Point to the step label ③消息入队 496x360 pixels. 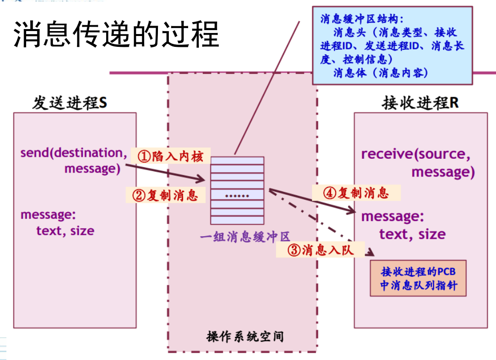coord(321,250)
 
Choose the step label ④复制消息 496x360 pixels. coord(355,193)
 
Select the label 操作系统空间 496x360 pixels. coord(245,337)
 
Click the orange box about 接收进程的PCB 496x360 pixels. coord(419,279)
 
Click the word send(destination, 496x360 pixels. coord(71,152)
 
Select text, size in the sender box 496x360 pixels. coord(65,231)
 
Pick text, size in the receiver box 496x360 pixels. coord(412,234)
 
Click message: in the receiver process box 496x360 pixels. coord(392,216)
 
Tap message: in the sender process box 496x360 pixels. coord(46,215)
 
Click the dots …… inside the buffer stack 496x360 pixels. coord(237,195)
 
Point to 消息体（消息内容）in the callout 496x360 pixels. coord(380,73)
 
